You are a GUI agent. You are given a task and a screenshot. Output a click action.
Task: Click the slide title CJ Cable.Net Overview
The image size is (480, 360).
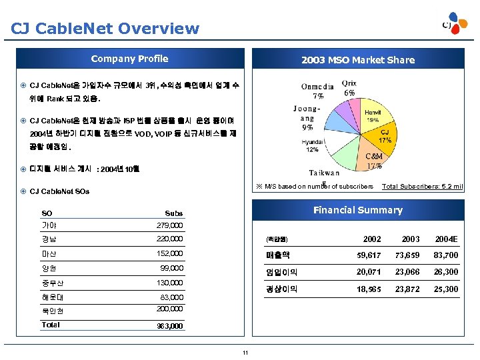105,29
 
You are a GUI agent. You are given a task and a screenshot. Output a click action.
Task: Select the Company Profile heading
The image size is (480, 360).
129,59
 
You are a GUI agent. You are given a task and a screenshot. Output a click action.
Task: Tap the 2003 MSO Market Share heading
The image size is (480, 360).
357,60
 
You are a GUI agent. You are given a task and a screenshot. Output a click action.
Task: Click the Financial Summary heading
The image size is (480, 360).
357,210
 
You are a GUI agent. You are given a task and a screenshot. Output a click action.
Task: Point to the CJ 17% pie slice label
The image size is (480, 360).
385,137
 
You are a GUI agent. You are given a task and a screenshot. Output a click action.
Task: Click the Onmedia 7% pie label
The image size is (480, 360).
317,91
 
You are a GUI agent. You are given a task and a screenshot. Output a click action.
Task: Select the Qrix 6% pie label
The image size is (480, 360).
349,88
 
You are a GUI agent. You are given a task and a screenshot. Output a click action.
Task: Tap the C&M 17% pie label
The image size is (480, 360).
373,161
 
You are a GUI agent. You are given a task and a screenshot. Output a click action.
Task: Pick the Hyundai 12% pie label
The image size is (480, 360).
312,146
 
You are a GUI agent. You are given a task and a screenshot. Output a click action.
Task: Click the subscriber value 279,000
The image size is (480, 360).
169,225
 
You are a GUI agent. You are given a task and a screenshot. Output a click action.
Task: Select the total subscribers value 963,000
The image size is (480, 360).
169,327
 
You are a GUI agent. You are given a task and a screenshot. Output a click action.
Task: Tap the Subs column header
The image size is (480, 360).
173,213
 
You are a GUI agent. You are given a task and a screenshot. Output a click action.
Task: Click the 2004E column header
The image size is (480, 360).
446,239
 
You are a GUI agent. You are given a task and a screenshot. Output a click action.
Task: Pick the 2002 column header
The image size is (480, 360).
372,239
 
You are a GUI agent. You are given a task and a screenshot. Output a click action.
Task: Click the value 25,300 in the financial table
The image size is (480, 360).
446,289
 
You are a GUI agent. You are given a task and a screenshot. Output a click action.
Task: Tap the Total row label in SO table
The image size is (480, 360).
51,325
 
